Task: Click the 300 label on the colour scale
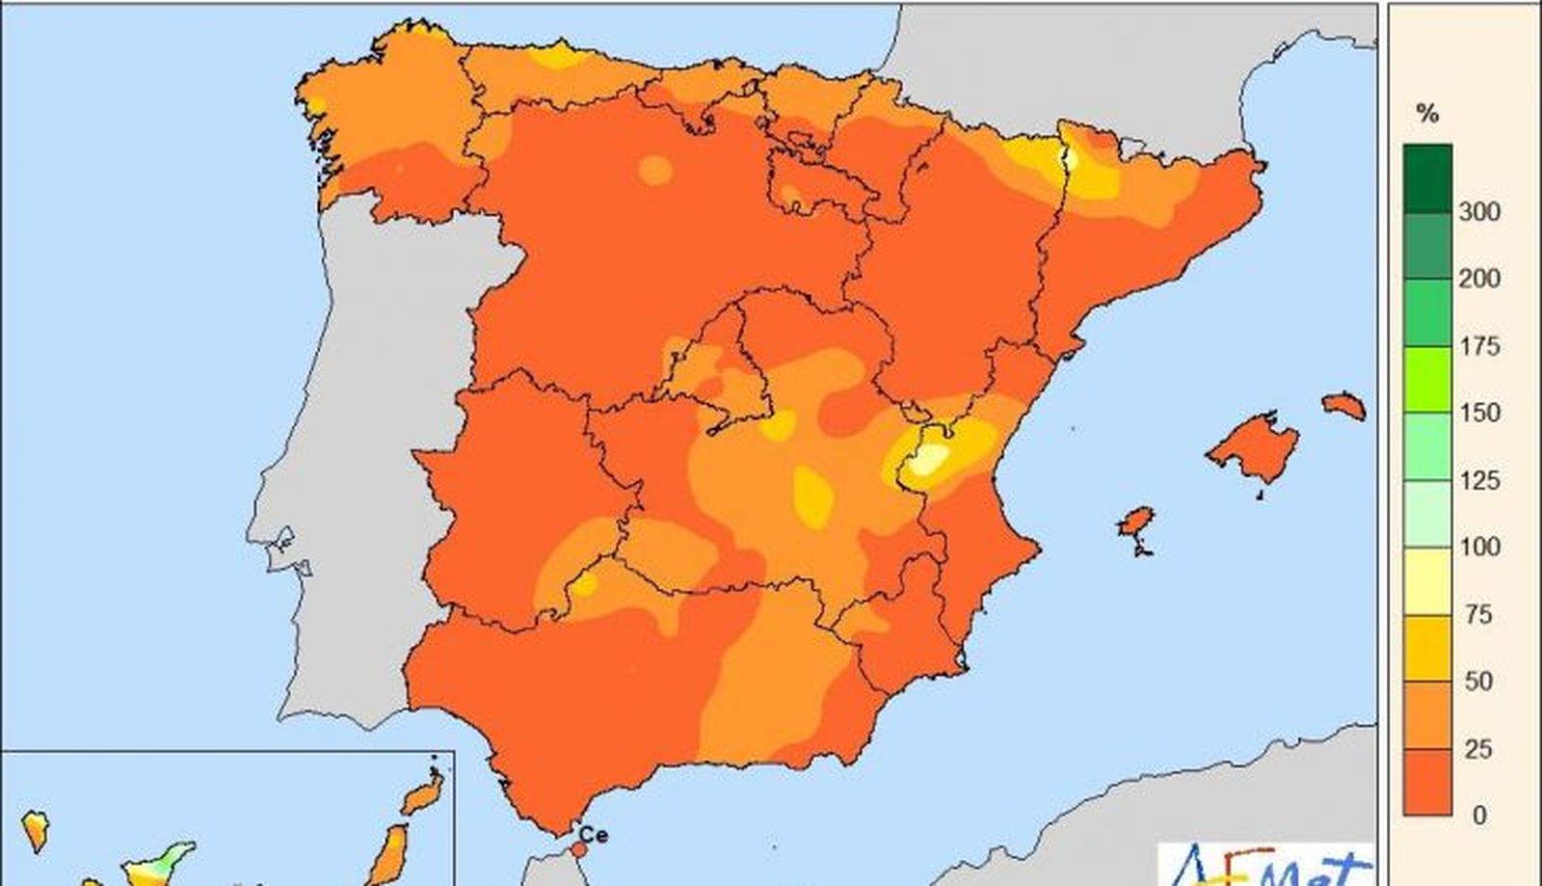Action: (1479, 211)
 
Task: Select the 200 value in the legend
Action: (1479, 279)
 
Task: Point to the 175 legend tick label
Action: (1479, 346)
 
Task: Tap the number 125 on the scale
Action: (1479, 480)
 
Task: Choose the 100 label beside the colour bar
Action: (1479, 547)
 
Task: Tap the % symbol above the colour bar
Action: (1427, 114)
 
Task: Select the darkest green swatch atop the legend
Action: (1427, 178)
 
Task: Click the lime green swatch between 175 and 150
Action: (1427, 379)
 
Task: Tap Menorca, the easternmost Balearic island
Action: (1343, 405)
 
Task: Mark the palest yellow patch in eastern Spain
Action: (927, 461)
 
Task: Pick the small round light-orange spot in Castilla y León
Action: (655, 171)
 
